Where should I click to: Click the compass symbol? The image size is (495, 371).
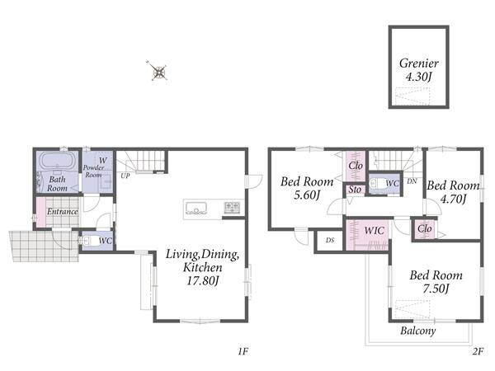tap(158, 71)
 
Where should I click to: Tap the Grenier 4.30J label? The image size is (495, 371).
tap(418, 70)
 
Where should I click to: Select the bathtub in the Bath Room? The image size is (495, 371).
tap(58, 162)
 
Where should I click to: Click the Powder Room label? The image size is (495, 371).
tap(94, 171)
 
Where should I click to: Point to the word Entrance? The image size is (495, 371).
tap(62, 211)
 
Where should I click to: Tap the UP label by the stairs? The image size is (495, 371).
tap(125, 176)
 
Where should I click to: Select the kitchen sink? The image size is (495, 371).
tap(196, 209)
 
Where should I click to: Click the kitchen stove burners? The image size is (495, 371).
tap(232, 207)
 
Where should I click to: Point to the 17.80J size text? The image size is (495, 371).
tap(202, 280)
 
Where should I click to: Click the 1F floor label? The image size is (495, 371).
tap(243, 351)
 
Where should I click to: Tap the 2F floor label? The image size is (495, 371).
tap(478, 351)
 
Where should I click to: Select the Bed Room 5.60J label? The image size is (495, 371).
tap(307, 188)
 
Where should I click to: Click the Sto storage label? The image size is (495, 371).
tap(355, 190)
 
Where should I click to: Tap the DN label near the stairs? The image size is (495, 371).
tap(412, 181)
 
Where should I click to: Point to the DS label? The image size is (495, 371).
tap(330, 241)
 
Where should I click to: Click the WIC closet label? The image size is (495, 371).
tap(374, 230)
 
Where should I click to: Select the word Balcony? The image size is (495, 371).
tap(418, 331)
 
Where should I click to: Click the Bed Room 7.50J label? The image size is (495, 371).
tap(436, 282)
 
